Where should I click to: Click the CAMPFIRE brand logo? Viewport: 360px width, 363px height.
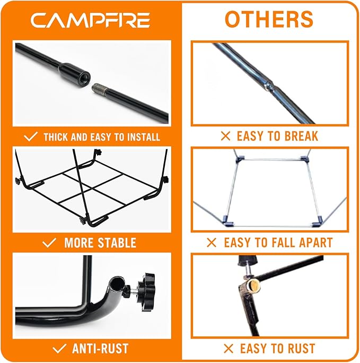pyautogui.click(x=90, y=20)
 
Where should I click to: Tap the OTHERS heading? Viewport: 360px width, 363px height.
pyautogui.click(x=269, y=19)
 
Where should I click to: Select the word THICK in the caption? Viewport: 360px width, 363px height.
pyautogui.click(x=55, y=137)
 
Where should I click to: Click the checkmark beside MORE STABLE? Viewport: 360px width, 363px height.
pyautogui.click(x=49, y=243)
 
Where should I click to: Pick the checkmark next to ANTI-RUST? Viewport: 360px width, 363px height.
pyautogui.click(x=60, y=349)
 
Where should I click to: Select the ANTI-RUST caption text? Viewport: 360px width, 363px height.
pyautogui.click(x=100, y=349)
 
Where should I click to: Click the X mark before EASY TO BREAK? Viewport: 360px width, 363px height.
pyautogui.click(x=225, y=136)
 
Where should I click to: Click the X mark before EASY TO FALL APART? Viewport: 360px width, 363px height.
pyautogui.click(x=212, y=243)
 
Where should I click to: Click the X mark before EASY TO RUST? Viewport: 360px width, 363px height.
pyautogui.click(x=228, y=349)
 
